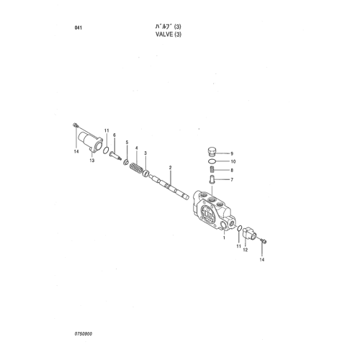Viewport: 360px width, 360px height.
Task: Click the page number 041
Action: (78, 28)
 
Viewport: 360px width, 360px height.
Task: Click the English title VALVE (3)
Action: (168, 35)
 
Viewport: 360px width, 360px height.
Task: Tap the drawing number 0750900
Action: (84, 334)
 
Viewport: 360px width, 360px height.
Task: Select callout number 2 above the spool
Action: (171, 168)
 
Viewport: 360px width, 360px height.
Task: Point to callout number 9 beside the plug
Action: (232, 153)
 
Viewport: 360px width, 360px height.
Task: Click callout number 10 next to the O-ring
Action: (233, 161)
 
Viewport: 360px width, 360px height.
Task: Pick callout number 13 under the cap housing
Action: (92, 161)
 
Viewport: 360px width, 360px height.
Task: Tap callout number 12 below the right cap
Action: (246, 250)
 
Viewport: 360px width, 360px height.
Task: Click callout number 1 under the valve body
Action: (224, 238)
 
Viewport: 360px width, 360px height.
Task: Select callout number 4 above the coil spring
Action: (137, 148)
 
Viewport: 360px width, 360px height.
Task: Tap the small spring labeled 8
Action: (211, 170)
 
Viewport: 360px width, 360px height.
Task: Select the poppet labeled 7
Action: (212, 179)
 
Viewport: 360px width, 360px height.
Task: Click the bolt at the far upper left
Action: (75, 125)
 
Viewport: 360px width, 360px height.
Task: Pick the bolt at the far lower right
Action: (264, 240)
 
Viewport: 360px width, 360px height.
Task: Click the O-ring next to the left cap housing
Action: (106, 150)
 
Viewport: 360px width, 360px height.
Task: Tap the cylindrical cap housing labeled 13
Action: (91, 142)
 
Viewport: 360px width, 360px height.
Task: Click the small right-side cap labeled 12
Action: (250, 233)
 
